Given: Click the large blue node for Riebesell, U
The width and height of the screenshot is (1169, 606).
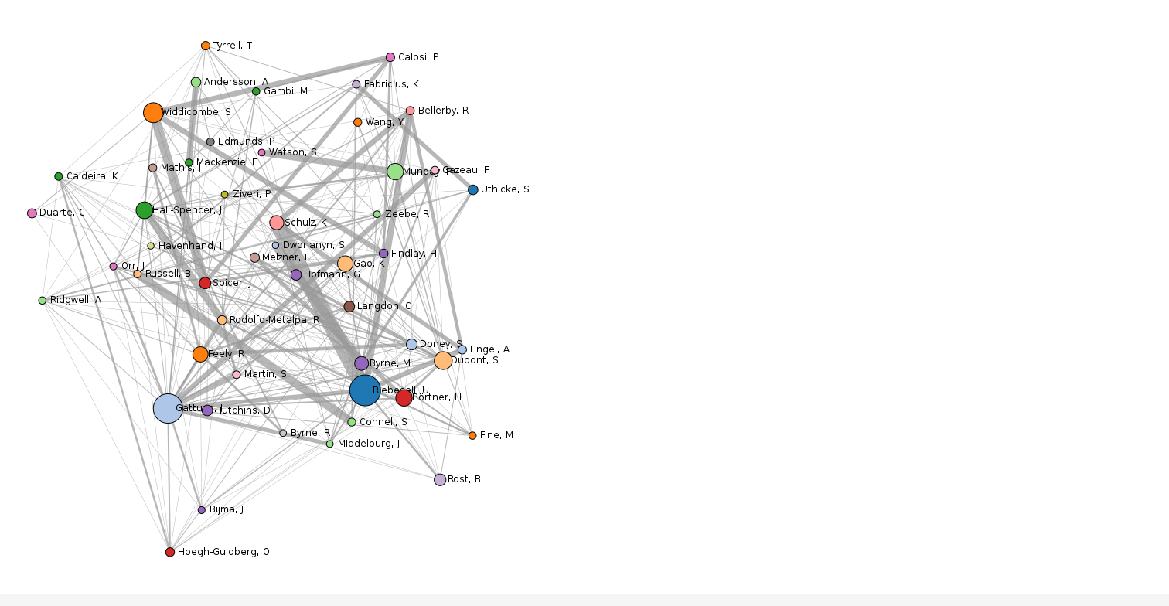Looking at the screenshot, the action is [365, 390].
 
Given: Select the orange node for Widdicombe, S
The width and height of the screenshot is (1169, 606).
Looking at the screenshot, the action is [153, 113].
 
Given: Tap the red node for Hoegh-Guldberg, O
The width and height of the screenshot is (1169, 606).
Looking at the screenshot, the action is [170, 552].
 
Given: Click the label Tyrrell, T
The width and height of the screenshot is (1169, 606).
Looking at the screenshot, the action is [233, 46].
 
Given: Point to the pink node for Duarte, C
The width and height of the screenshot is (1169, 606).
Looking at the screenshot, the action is [32, 213].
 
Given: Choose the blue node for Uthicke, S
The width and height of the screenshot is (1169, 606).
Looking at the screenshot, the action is [473, 190].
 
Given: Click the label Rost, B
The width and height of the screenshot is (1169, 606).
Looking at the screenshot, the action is [464, 479].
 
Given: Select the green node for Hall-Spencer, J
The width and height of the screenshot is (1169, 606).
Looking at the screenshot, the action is [145, 210].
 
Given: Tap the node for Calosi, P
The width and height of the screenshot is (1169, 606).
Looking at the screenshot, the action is [390, 57].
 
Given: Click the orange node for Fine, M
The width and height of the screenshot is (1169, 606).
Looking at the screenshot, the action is [472, 435].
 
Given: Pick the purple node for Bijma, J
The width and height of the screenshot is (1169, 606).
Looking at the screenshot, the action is [202, 510].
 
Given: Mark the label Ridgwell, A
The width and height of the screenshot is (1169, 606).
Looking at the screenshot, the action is [76, 300].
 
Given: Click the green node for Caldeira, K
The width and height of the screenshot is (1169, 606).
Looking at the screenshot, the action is [59, 176].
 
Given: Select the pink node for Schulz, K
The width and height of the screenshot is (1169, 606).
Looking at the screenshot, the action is [277, 223].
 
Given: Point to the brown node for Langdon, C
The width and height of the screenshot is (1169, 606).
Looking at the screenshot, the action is [349, 307].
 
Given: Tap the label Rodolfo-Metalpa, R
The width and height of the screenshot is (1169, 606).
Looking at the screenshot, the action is [274, 320].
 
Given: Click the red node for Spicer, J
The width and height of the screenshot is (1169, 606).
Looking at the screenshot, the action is [205, 284].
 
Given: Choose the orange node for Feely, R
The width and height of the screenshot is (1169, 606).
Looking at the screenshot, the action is [200, 354].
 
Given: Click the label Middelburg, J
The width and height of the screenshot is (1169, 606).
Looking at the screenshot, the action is [369, 444].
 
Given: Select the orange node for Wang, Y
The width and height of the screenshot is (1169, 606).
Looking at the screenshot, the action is [358, 122].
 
